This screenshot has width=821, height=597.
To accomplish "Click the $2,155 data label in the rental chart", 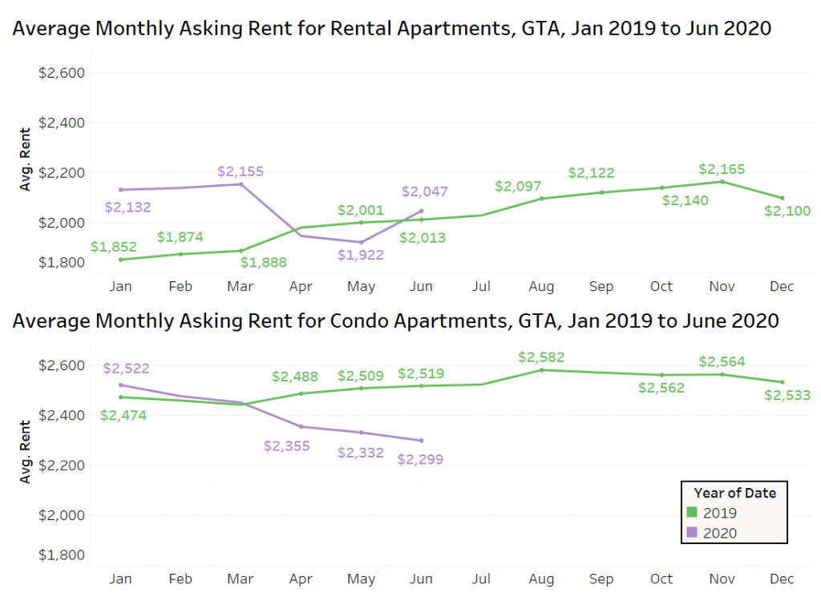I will coord(241,171).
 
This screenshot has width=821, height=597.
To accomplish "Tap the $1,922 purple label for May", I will coord(361,255).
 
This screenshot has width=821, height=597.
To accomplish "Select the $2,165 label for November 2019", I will coord(722,169).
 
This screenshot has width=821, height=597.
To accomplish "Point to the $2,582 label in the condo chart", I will coord(541,357).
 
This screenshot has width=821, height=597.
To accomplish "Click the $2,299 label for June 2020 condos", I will coord(420,459).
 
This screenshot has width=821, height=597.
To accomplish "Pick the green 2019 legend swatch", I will coord(691,513).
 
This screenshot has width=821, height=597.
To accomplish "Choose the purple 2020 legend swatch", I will coord(691,533).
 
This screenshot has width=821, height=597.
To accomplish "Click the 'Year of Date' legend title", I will coord(734,493).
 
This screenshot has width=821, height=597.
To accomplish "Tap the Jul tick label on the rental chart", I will coord(481,287).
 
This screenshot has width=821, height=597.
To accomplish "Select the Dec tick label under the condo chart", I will coord(782,579).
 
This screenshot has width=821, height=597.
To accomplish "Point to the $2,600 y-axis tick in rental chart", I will coord(62,73).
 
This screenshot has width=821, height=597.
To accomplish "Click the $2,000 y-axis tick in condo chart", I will coord(62,515).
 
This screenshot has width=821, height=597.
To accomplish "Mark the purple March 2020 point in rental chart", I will coord(241,184).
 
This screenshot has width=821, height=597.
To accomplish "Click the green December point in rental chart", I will coord(782,198).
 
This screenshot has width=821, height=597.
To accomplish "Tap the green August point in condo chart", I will coord(541,369).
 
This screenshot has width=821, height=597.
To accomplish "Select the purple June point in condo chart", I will coord(422,440).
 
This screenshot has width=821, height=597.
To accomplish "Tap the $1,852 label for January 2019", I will coord(114,247).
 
